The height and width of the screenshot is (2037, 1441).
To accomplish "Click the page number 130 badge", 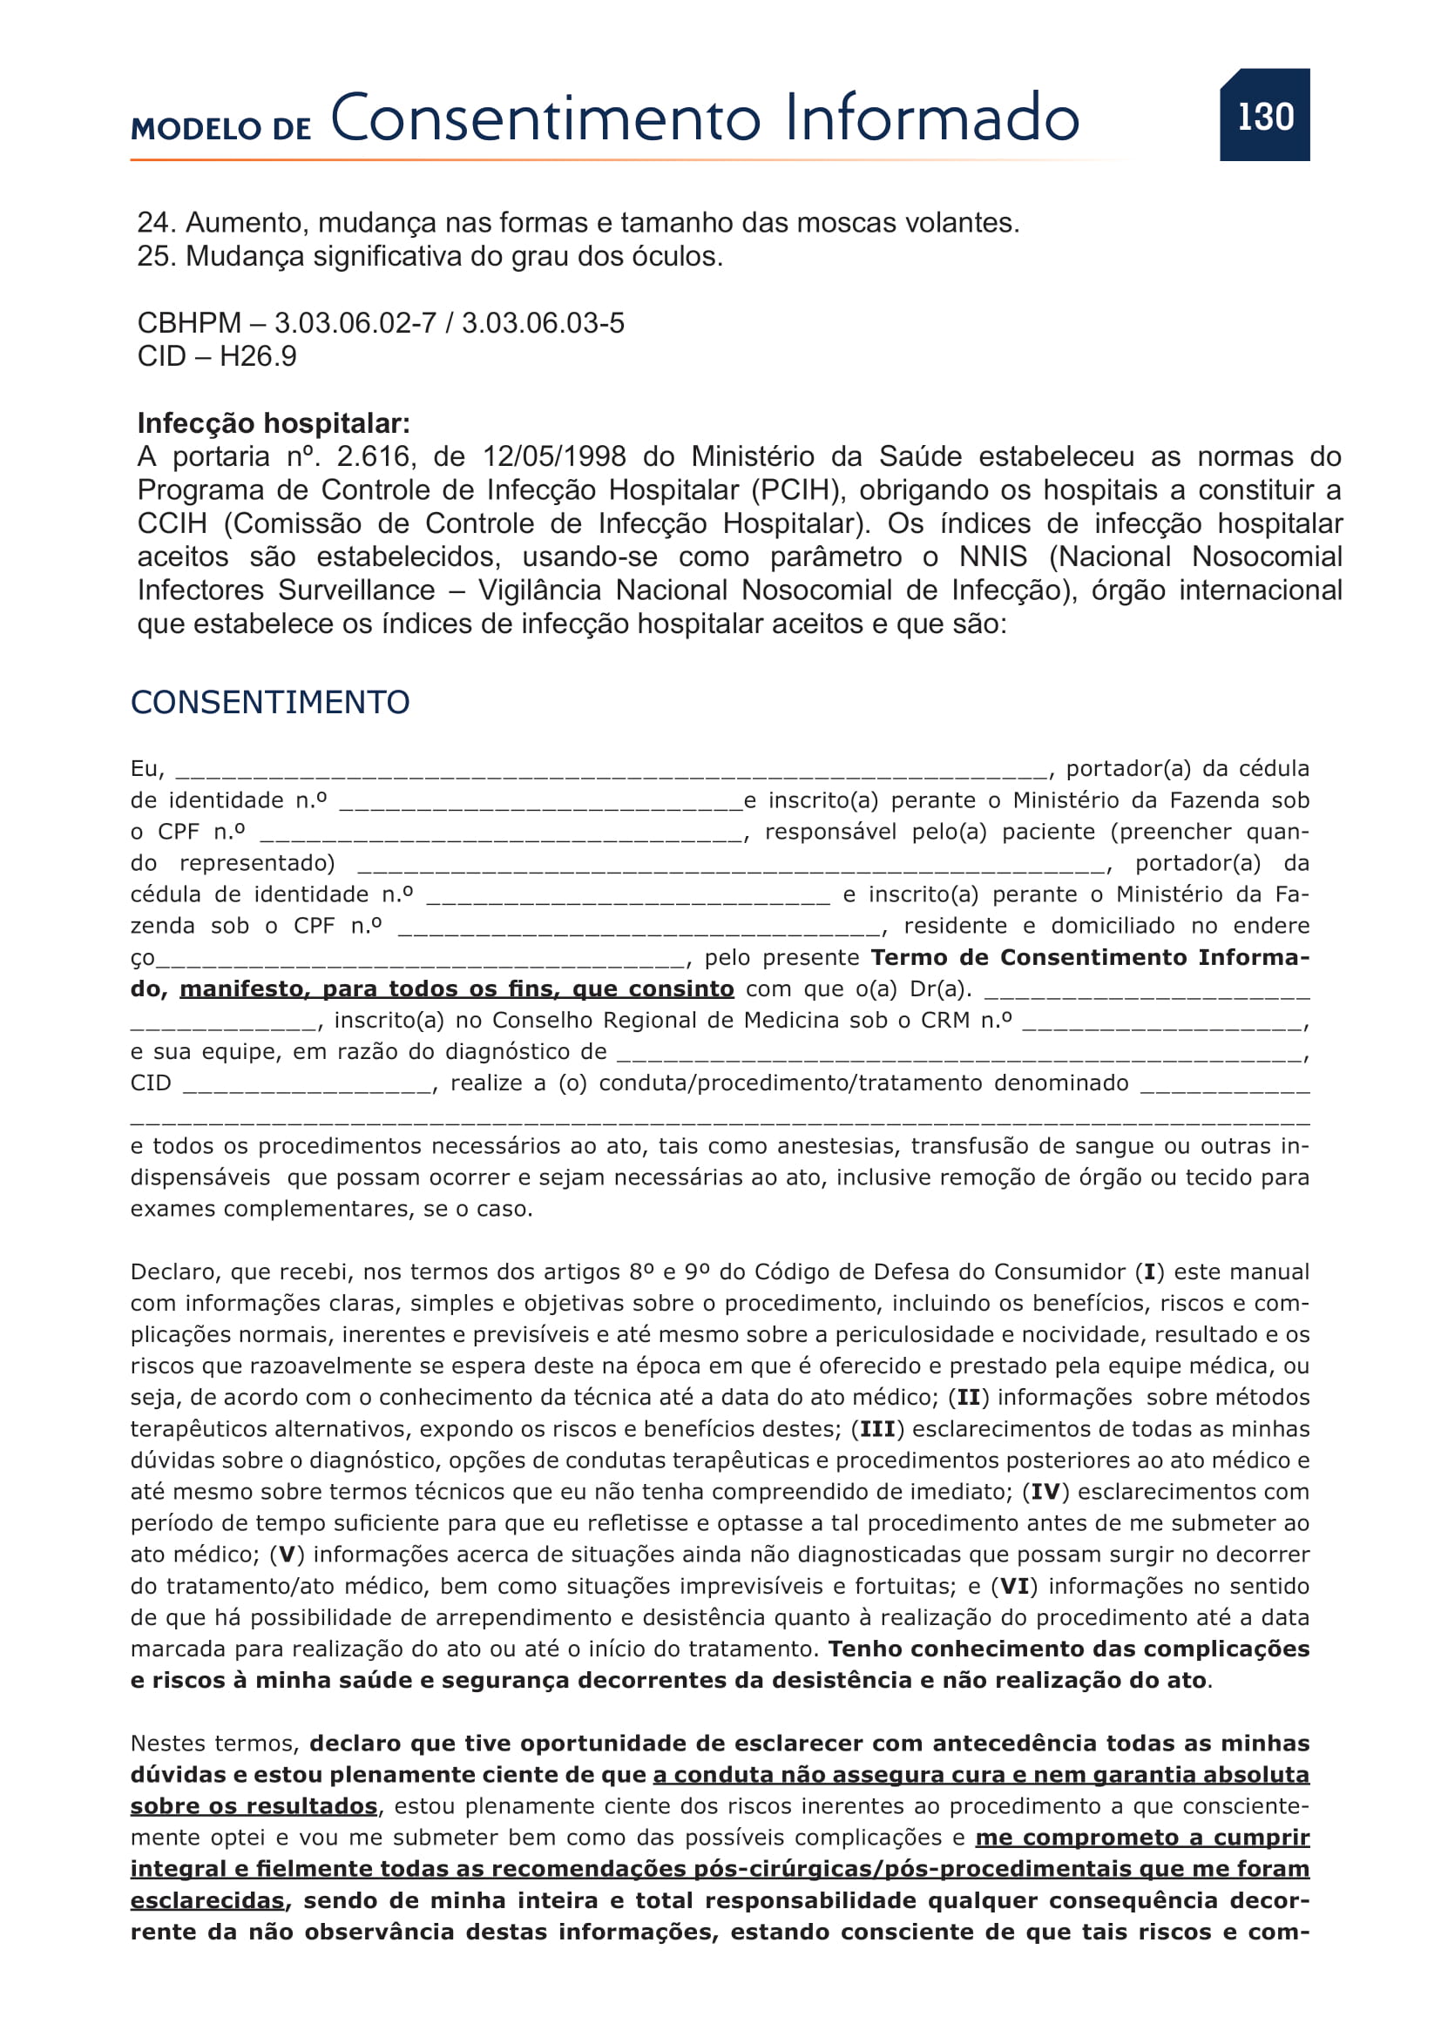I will (1264, 116).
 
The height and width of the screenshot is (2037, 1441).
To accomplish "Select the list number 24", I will (156, 223).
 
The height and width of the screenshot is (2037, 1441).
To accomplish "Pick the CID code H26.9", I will (258, 357).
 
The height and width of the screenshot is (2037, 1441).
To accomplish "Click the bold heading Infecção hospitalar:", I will (274, 423).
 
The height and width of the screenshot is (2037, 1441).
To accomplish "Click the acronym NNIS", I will (993, 557).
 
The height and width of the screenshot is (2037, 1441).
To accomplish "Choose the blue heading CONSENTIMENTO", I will (270, 703).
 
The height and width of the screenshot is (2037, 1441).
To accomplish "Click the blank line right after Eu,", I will (611, 770).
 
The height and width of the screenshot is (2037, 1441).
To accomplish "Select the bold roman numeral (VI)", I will (1014, 1586).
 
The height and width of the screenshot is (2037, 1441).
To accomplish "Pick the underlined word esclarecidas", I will (207, 1901).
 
